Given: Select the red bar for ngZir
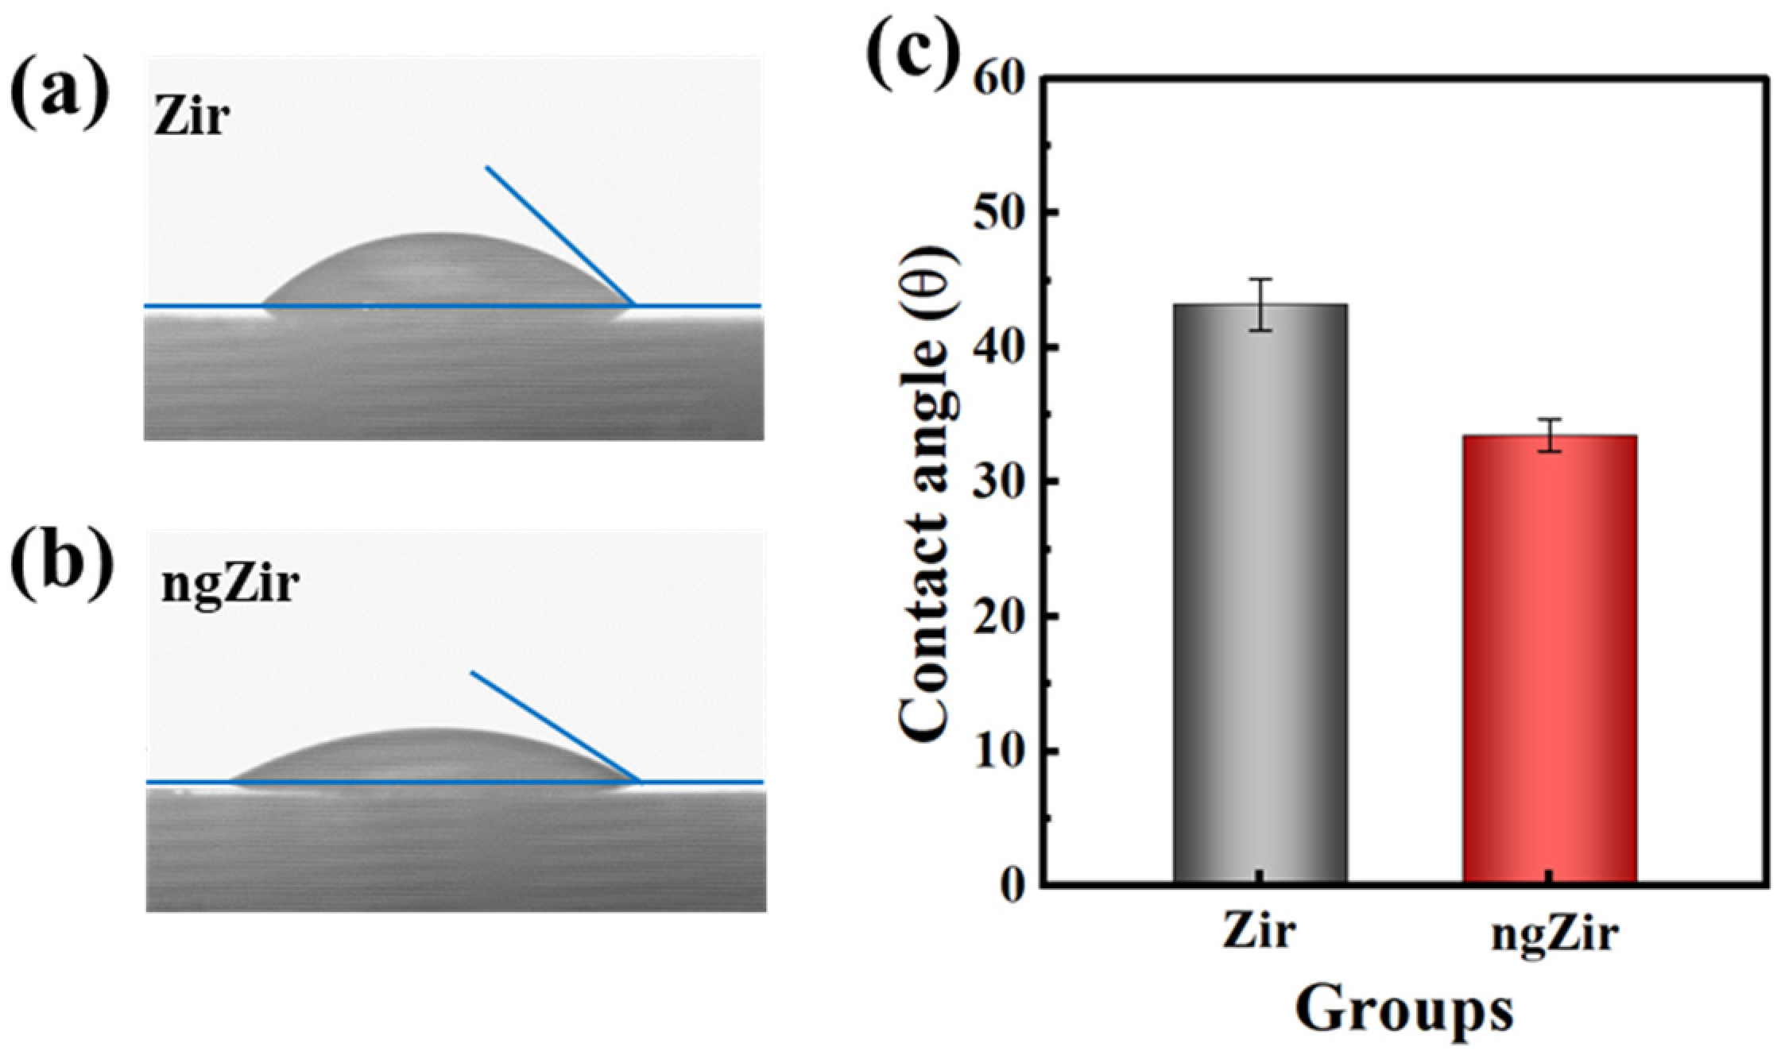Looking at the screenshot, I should [x=1549, y=659].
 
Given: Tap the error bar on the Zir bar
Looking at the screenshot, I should [x=1260, y=304].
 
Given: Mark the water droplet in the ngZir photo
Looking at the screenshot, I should [x=433, y=759].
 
